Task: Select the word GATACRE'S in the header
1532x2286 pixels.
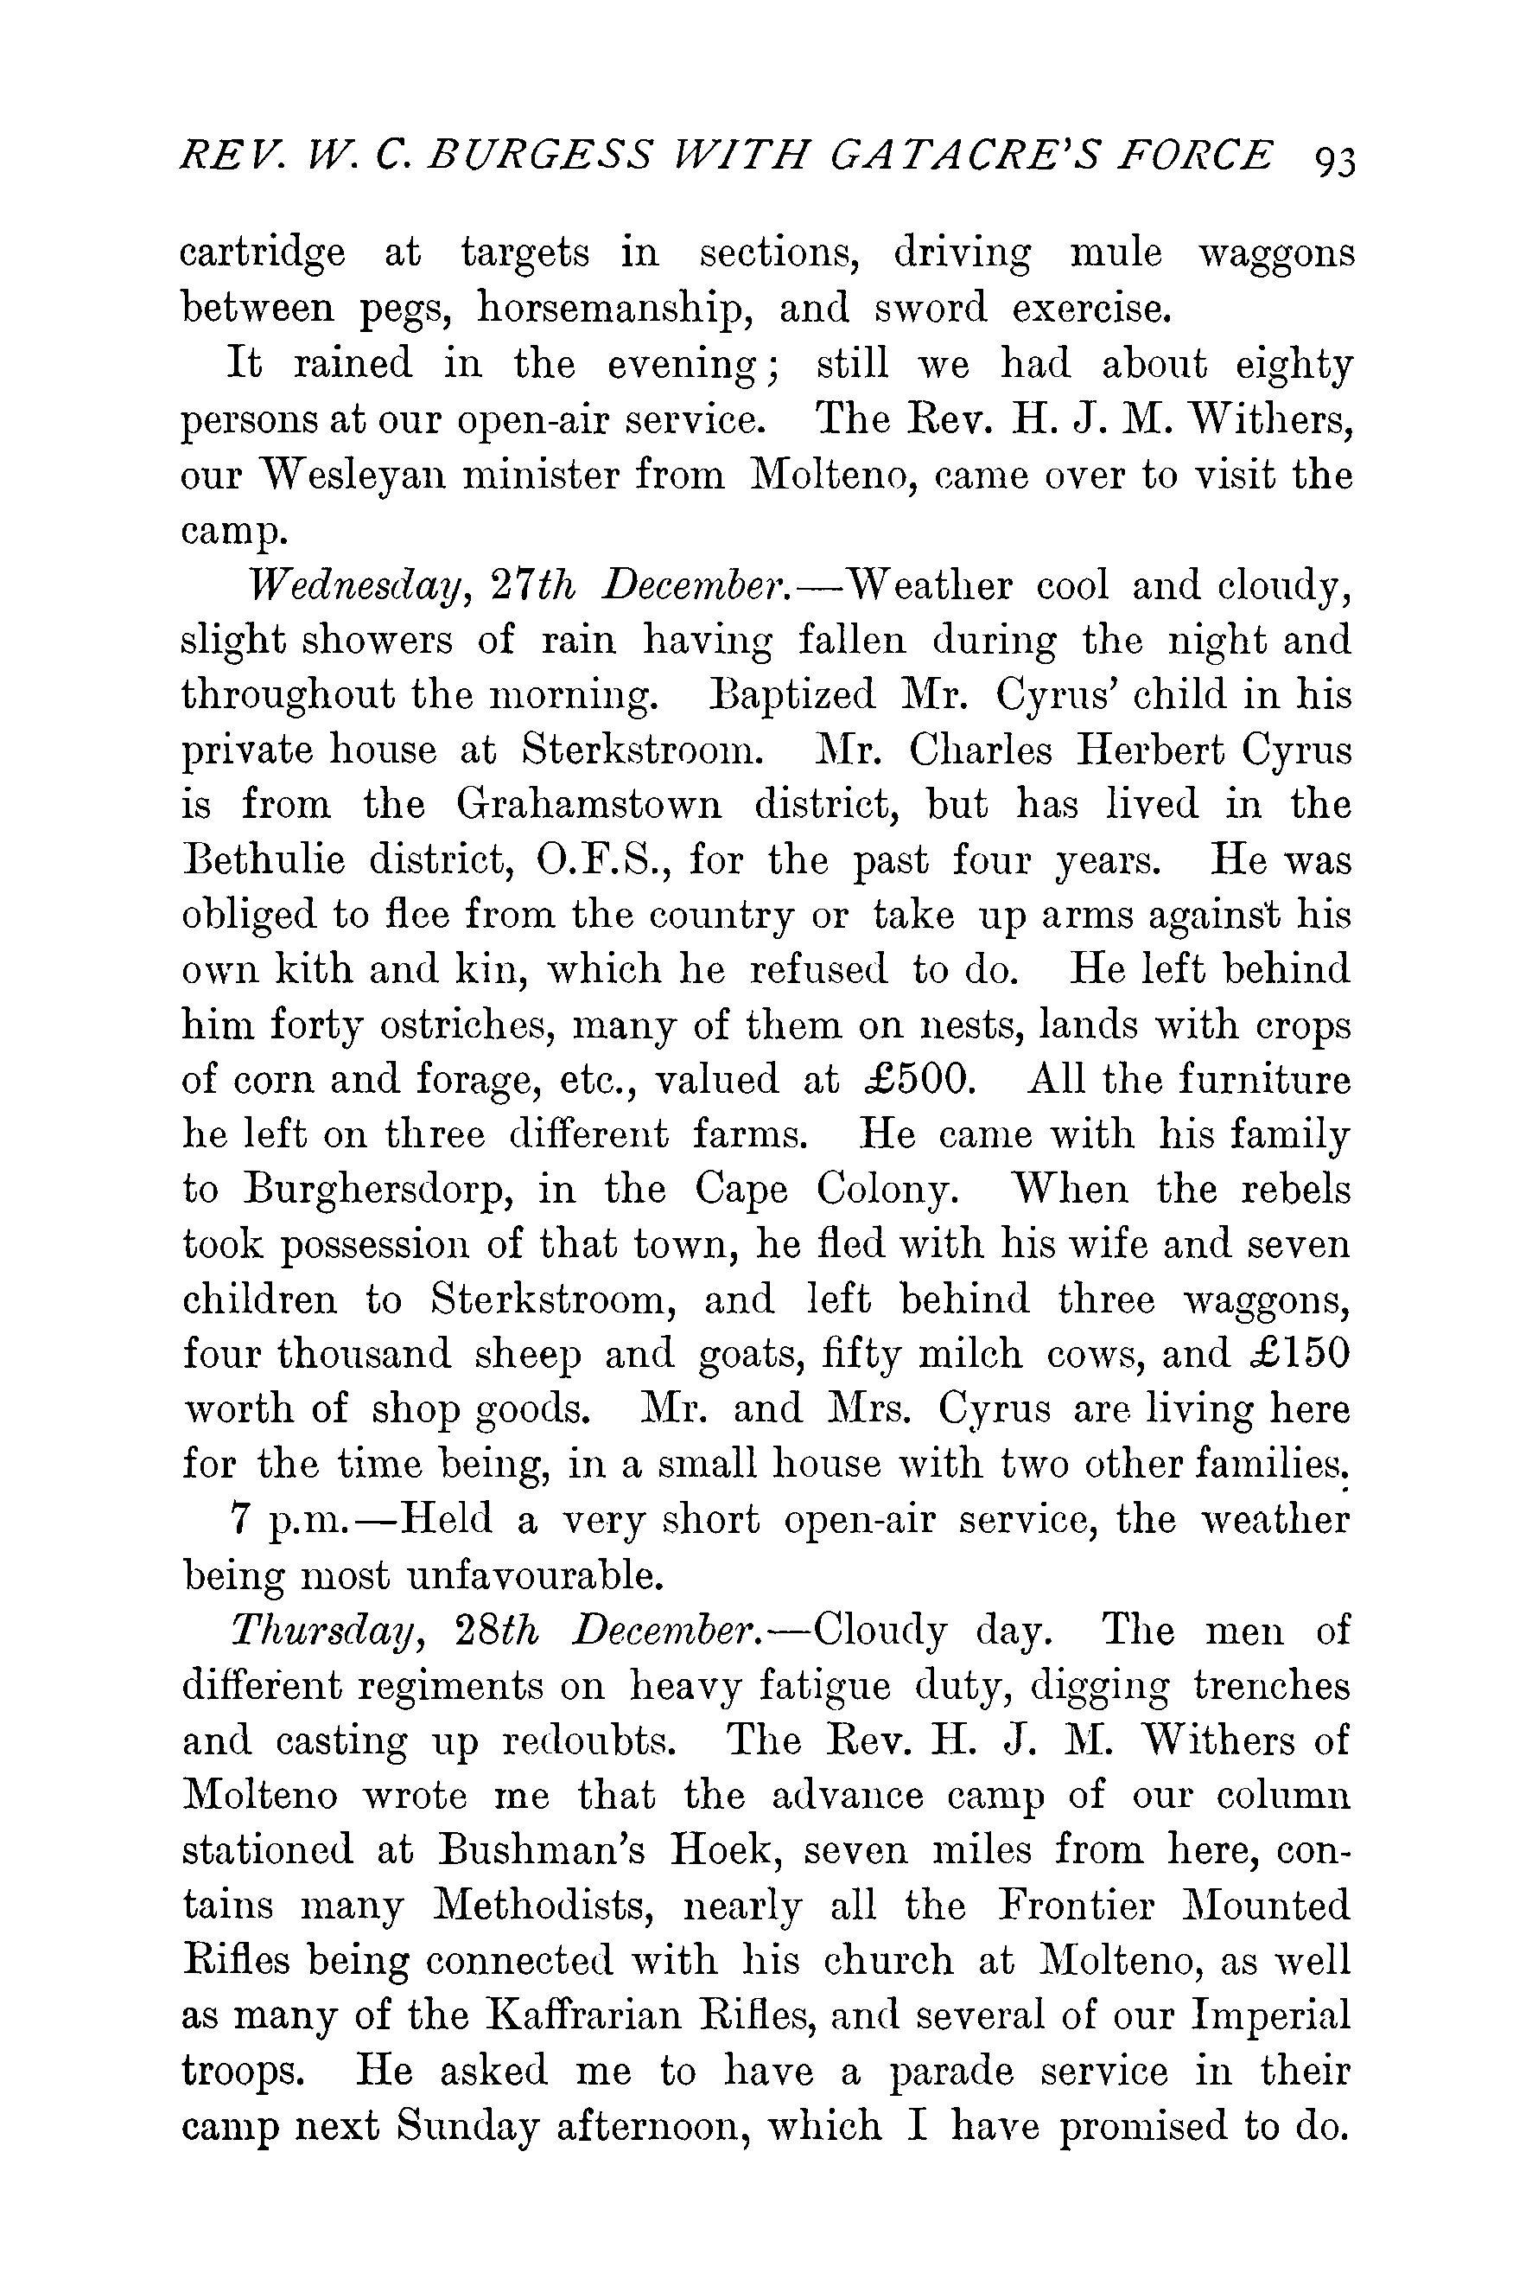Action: tap(988, 157)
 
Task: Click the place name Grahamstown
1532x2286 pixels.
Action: tap(589, 807)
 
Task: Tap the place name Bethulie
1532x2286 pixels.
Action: tap(264, 861)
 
